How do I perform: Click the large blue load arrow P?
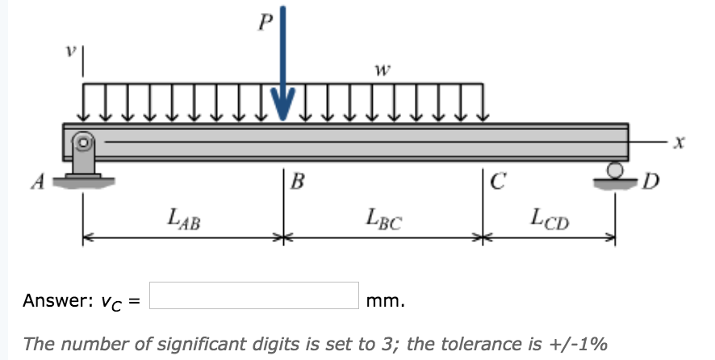click(x=283, y=73)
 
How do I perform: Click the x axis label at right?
click(x=680, y=144)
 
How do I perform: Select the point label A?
click(x=36, y=182)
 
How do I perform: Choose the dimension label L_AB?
click(x=183, y=218)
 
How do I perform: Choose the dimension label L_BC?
click(x=383, y=218)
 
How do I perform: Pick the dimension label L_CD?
click(x=550, y=218)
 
